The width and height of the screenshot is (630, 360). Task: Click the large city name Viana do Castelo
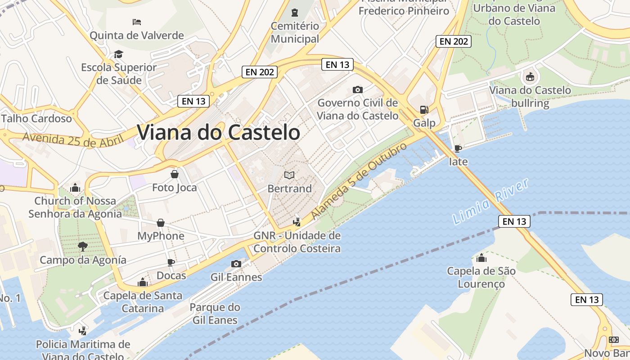[x=218, y=133]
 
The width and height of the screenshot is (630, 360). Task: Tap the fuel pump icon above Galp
[x=424, y=109]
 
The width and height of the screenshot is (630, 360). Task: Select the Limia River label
[x=490, y=202]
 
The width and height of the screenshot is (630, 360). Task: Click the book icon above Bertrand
[x=289, y=175]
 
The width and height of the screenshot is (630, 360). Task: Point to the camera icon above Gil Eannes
[x=236, y=264]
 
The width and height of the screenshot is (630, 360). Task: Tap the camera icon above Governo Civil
[x=358, y=90]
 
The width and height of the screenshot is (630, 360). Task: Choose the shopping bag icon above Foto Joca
[x=175, y=174]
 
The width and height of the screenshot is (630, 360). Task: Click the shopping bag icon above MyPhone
[x=161, y=223]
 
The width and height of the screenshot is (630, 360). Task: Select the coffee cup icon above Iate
[x=458, y=148]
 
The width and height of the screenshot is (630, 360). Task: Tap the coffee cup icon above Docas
[x=171, y=262]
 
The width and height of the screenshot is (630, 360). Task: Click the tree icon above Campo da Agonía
[x=82, y=246]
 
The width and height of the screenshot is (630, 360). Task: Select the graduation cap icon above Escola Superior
[x=118, y=54]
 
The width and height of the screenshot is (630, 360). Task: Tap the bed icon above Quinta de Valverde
[x=137, y=22]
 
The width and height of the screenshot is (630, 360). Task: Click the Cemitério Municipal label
[x=295, y=32]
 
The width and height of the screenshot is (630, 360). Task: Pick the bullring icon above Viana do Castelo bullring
[x=530, y=77]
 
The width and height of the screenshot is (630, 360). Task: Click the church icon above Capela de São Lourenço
[x=481, y=258]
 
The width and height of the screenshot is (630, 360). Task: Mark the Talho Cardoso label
[x=37, y=119]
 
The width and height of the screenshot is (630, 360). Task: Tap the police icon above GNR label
[x=297, y=221]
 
